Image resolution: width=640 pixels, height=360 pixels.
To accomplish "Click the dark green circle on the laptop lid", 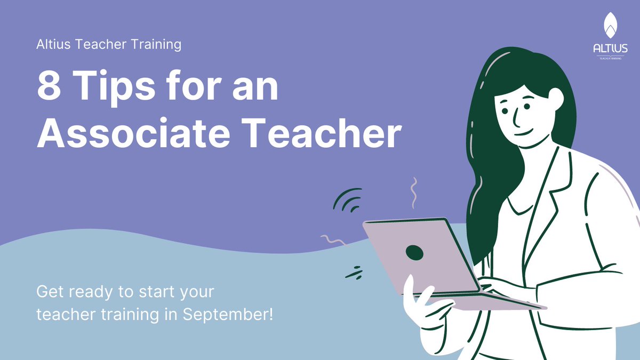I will [x=414, y=252].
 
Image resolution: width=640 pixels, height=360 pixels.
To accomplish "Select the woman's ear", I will [x=555, y=97].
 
